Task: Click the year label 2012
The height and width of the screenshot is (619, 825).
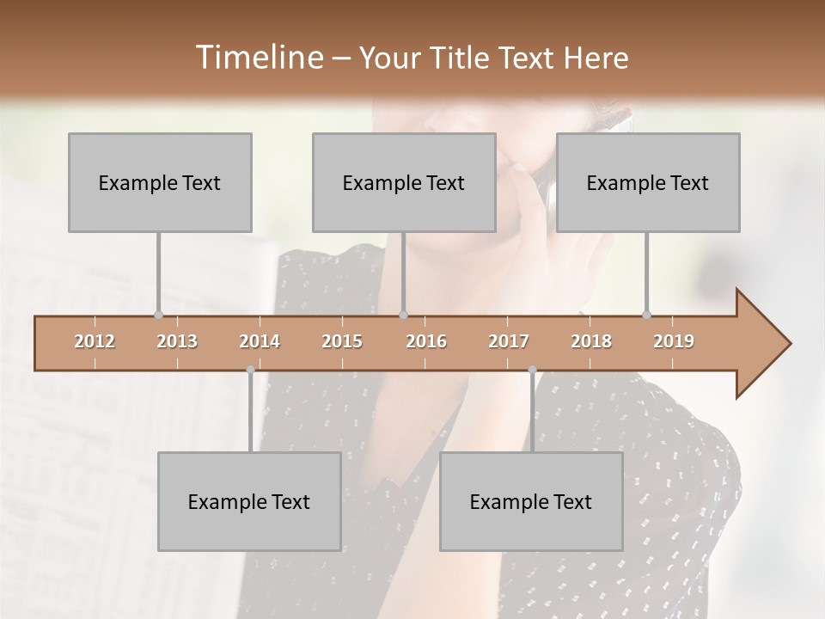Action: pos(95,341)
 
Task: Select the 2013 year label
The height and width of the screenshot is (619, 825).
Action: pos(177,341)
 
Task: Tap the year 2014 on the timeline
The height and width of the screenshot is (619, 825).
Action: pos(260,341)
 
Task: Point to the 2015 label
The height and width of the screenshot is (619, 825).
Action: pos(342,341)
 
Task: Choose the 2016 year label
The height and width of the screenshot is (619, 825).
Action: pos(426,341)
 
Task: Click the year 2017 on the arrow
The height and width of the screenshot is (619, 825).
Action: pos(509,341)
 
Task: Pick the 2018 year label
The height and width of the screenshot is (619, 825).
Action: pos(591,341)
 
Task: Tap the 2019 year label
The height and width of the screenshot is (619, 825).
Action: pos(674,341)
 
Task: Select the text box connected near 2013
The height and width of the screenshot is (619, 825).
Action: pos(160,182)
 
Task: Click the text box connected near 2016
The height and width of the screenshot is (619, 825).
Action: pos(404,182)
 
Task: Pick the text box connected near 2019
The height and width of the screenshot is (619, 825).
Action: pos(648,182)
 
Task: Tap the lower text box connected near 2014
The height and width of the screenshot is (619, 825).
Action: pos(249,501)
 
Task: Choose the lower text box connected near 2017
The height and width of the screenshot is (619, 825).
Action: pos(531,501)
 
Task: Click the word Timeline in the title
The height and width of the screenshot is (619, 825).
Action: pos(258,58)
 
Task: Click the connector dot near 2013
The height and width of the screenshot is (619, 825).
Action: pos(158,316)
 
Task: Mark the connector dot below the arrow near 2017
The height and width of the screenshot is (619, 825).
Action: pos(532,370)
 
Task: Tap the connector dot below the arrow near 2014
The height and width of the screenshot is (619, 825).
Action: pos(250,370)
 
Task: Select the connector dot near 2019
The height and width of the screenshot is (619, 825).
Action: pos(647,316)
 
